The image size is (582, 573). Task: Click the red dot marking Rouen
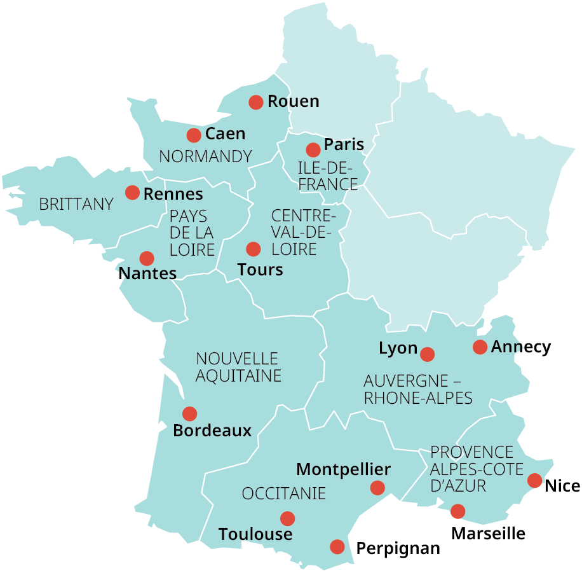click(x=256, y=102)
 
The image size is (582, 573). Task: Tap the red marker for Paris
click(x=313, y=150)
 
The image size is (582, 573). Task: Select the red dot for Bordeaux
click(x=189, y=414)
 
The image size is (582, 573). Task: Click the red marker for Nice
click(x=535, y=481)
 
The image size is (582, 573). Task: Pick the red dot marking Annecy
click(x=480, y=347)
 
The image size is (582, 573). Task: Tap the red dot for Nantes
click(x=147, y=258)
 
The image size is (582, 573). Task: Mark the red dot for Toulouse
click(x=288, y=518)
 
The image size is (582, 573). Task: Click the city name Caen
click(x=225, y=134)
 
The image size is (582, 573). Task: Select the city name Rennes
click(x=173, y=194)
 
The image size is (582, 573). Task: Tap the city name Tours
click(x=260, y=270)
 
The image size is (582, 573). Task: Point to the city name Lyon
click(x=398, y=349)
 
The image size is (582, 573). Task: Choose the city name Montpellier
click(x=343, y=469)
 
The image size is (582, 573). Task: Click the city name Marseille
click(x=488, y=533)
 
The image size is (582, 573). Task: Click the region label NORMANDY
click(x=205, y=156)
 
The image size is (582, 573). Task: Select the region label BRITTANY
click(x=76, y=205)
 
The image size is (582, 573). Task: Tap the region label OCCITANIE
click(x=284, y=494)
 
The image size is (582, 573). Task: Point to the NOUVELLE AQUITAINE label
click(x=238, y=367)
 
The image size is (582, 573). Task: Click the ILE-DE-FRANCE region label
click(x=328, y=176)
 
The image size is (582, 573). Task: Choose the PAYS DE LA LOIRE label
click(x=192, y=233)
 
